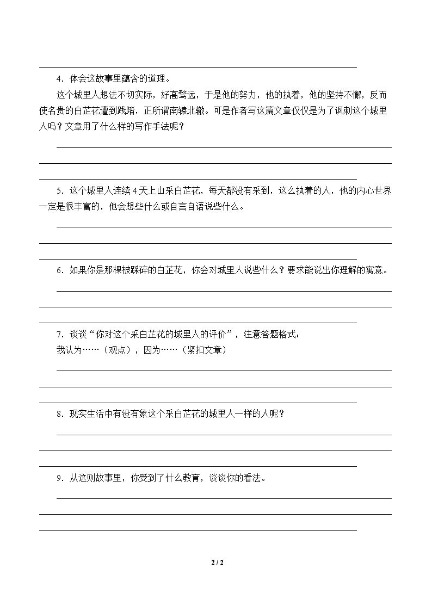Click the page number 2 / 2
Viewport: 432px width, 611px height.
pyautogui.click(x=217, y=562)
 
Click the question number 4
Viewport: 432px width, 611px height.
pyautogui.click(x=59, y=78)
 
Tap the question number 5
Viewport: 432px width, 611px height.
pyautogui.click(x=59, y=190)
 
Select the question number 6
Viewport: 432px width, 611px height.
pyautogui.click(x=59, y=270)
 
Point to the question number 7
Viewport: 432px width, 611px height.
pyautogui.click(x=59, y=334)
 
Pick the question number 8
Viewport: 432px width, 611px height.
pyautogui.click(x=59, y=414)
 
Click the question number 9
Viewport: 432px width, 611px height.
pyautogui.click(x=59, y=478)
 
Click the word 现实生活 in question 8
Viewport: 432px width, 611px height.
pyautogui.click(x=87, y=414)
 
